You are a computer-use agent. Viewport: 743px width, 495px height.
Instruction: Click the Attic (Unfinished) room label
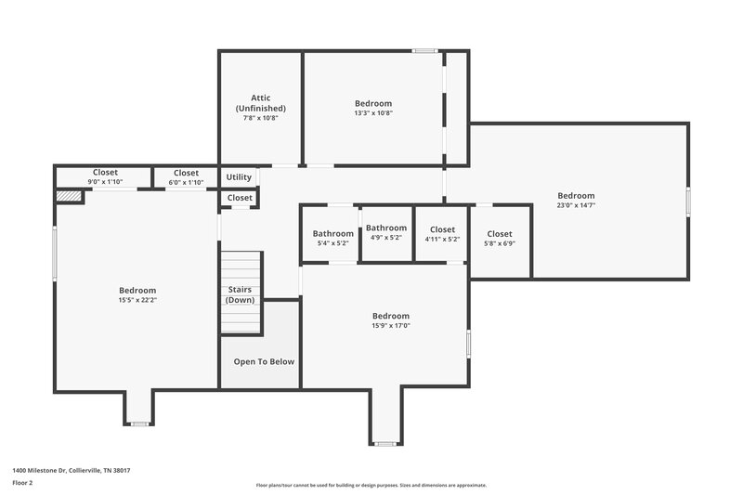(261, 103)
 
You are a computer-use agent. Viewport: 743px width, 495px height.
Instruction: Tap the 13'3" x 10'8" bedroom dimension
(373, 113)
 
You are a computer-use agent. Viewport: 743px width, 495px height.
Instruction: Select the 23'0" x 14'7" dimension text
(576, 205)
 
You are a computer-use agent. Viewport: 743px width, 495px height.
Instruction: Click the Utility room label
(239, 176)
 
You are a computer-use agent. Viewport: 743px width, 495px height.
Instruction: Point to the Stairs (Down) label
(240, 294)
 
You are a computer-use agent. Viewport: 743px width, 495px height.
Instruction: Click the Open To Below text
(264, 361)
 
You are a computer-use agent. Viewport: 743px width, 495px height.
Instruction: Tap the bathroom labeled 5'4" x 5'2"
(332, 238)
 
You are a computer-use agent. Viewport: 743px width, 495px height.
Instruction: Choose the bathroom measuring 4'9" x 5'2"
(385, 232)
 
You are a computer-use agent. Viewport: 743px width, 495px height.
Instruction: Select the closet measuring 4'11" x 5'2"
(442, 234)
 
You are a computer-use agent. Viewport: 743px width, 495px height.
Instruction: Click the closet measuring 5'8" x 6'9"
(500, 239)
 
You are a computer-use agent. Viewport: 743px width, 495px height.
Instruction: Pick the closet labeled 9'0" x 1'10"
(105, 176)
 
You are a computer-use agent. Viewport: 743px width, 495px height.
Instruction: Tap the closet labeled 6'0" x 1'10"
(186, 176)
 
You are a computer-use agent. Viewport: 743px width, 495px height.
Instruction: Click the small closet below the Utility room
(240, 198)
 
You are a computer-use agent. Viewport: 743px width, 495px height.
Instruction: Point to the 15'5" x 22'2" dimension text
(137, 300)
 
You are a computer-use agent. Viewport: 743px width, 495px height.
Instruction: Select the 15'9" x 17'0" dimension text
(391, 325)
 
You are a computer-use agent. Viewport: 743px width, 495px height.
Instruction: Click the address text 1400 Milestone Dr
(71, 471)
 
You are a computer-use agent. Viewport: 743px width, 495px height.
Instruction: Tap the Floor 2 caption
(22, 483)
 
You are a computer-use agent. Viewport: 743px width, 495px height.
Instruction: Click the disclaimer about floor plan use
(371, 485)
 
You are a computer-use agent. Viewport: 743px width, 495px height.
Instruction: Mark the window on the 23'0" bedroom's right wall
(688, 202)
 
